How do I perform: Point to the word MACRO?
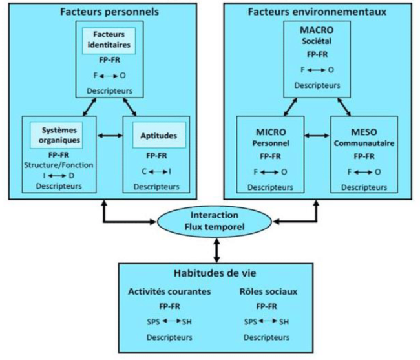[317, 30]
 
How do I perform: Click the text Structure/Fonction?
[58, 165]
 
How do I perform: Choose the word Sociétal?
[317, 41]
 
